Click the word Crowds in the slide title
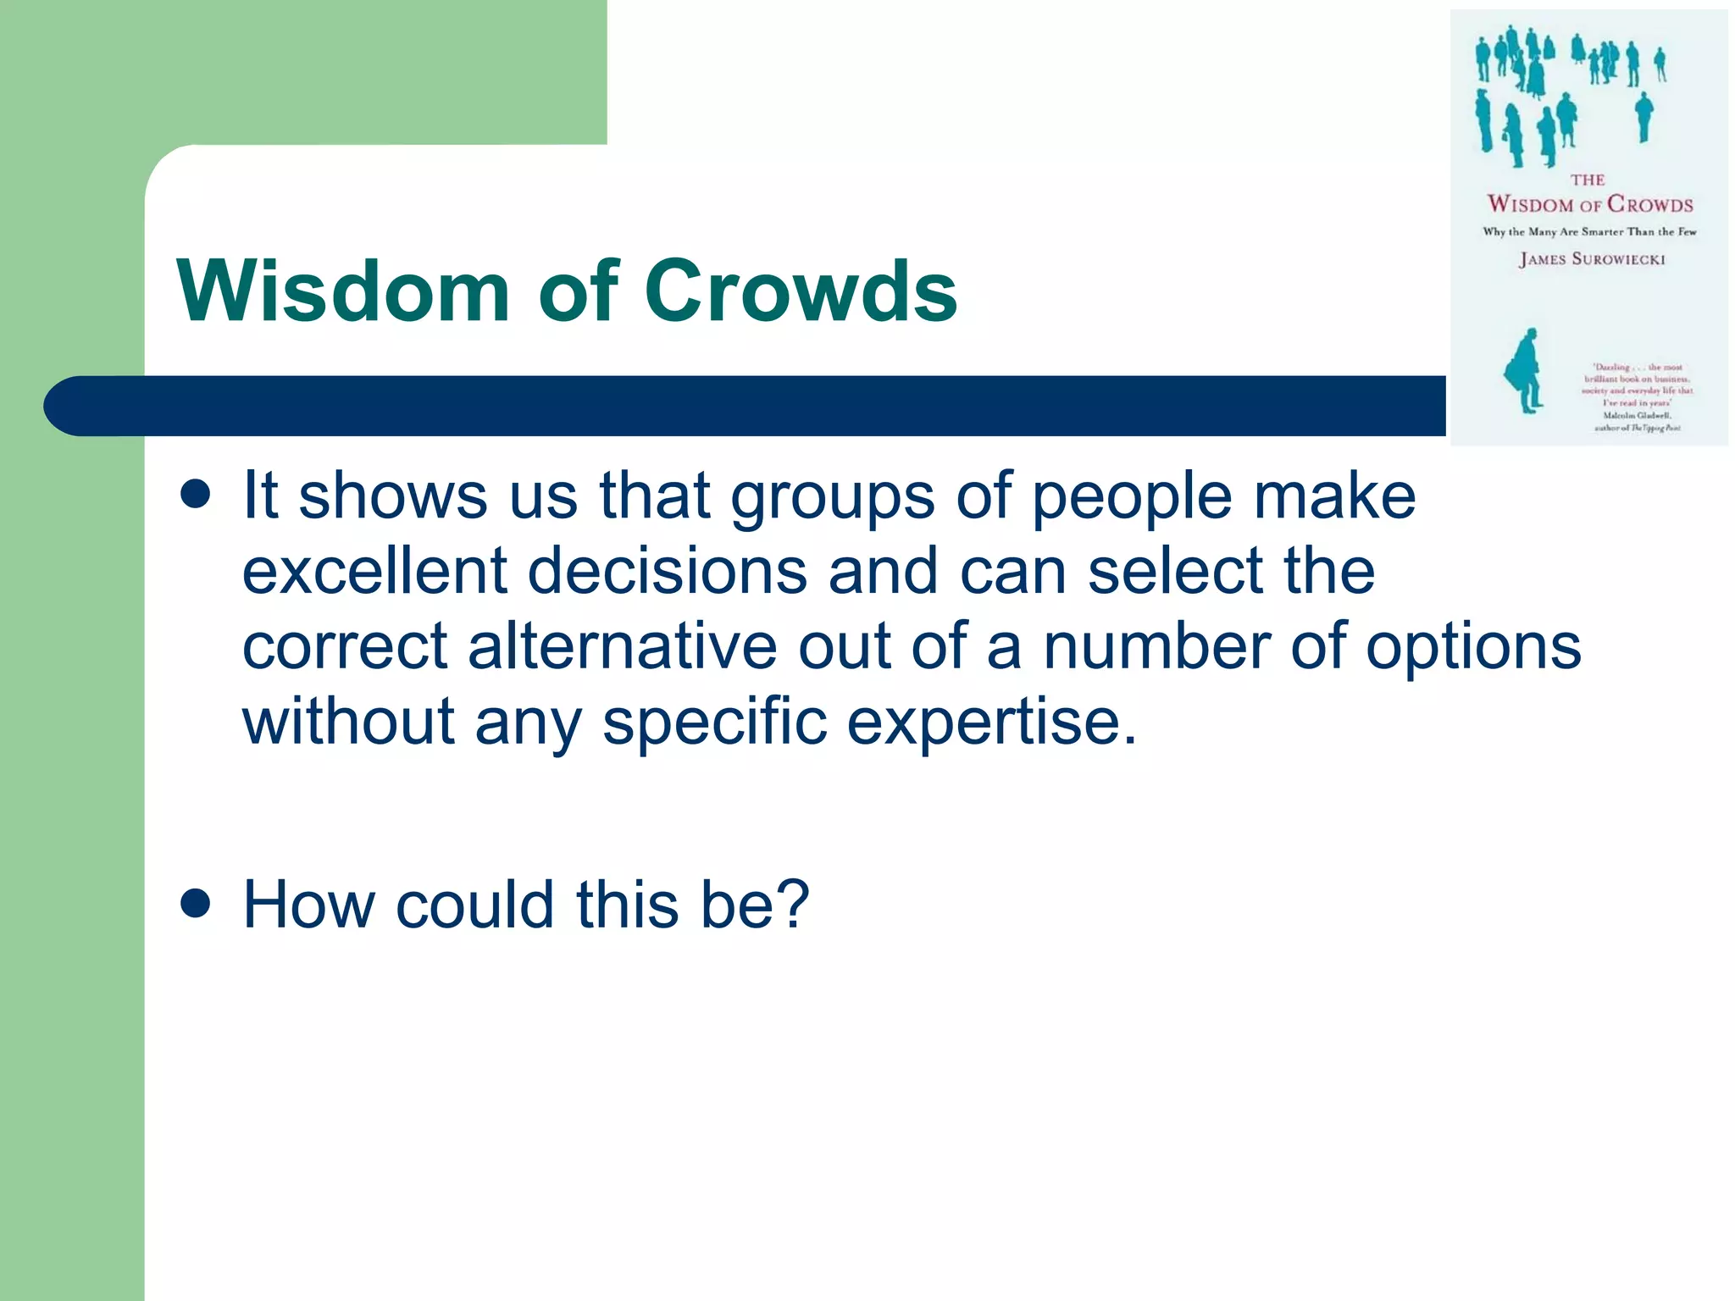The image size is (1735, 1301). point(801,291)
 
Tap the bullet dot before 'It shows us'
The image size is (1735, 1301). point(196,495)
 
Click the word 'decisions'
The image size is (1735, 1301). point(668,570)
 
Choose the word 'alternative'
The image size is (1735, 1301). point(623,645)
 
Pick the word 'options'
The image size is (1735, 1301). point(1473,647)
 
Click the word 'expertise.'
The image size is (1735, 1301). point(992,722)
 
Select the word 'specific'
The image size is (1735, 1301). point(714,722)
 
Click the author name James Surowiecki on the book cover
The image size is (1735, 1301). point(1592,259)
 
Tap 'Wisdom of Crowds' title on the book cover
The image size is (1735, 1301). point(1590,203)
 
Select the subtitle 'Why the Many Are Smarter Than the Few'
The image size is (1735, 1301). point(1589,231)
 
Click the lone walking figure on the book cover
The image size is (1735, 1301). point(1526,371)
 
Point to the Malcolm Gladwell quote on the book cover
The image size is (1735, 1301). point(1637,397)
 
